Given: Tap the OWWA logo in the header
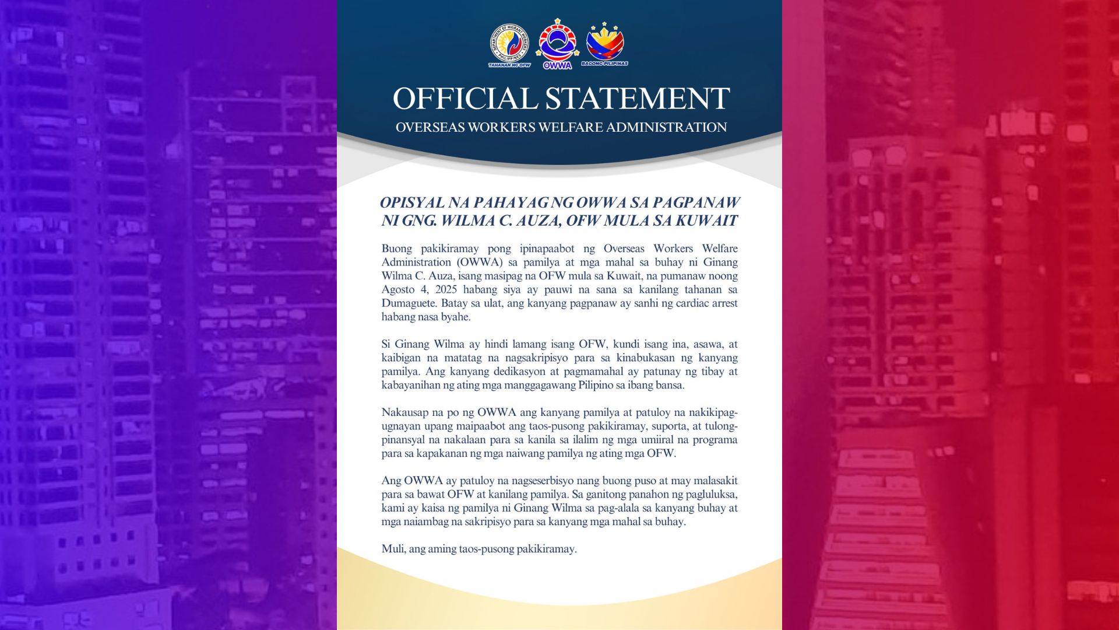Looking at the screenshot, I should click(x=557, y=44).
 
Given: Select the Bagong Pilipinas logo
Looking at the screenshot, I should click(x=605, y=44).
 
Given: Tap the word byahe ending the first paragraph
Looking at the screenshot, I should click(x=456, y=317).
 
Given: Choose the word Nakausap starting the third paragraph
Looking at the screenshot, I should click(x=404, y=413).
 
